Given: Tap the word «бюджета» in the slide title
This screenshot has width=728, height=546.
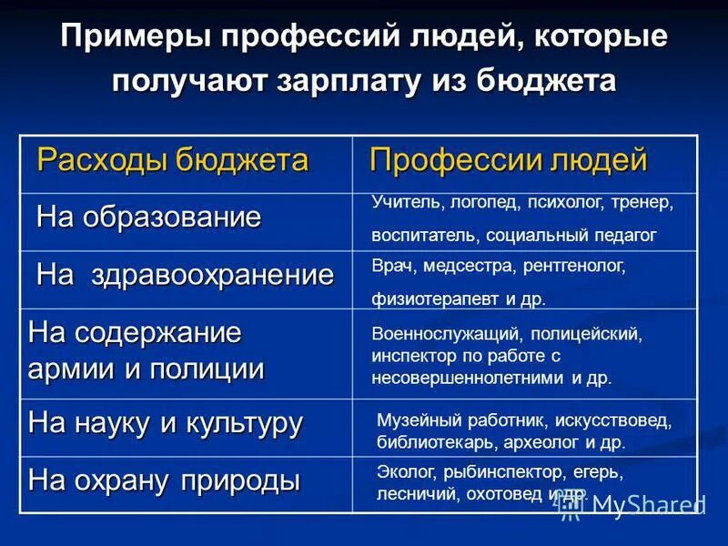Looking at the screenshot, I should click(x=551, y=79).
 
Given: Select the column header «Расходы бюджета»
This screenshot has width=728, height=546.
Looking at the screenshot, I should click(x=173, y=161).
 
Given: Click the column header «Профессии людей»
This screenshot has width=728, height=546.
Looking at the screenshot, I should click(x=508, y=160).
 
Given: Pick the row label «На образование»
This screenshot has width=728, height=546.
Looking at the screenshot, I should click(x=148, y=217).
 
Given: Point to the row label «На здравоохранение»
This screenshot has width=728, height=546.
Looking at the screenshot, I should click(x=185, y=276).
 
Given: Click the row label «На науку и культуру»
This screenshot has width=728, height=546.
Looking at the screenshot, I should click(x=166, y=422).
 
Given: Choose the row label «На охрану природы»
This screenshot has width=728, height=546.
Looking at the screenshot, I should click(x=164, y=480).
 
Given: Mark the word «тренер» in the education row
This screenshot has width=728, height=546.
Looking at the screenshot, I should click(x=642, y=202).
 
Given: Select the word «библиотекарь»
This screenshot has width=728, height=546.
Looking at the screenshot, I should click(x=428, y=443).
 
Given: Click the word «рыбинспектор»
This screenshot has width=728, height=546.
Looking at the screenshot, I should click(x=497, y=473).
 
